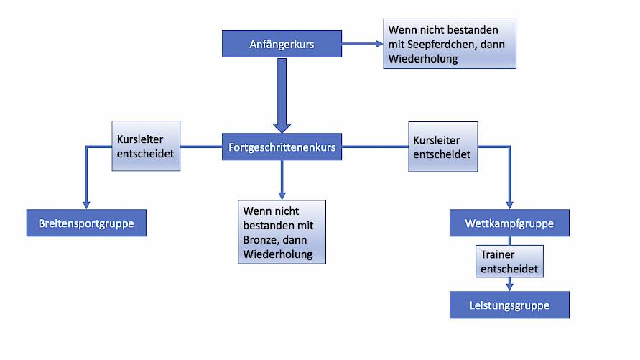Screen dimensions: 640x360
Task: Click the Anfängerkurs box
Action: pyautogui.click(x=282, y=44)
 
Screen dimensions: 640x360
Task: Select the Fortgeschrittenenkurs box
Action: pyautogui.click(x=282, y=147)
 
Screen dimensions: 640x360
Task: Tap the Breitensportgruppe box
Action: pyautogui.click(x=86, y=223)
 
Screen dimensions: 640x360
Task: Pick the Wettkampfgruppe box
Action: pyautogui.click(x=509, y=223)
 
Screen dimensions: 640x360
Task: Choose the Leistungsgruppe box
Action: pyautogui.click(x=509, y=305)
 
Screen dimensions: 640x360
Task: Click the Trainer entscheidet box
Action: pyautogui.click(x=509, y=262)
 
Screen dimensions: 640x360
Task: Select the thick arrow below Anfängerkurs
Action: pyautogui.click(x=282, y=96)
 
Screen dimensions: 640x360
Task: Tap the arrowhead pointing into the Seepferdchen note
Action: pyautogui.click(x=379, y=44)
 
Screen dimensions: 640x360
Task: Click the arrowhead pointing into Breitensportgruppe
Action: pyautogui.click(x=86, y=205)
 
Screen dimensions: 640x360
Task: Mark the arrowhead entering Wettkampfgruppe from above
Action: pyautogui.click(x=509, y=205)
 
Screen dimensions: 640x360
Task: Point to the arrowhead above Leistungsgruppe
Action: pyautogui.click(x=509, y=287)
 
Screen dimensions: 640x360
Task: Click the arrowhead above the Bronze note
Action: pyautogui.click(x=282, y=196)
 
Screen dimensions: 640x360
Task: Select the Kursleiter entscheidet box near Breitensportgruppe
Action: pyautogui.click(x=146, y=146)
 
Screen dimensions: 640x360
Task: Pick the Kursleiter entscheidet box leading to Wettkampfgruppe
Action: pyautogui.click(x=443, y=147)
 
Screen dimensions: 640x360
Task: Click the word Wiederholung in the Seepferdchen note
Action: pyautogui.click(x=423, y=59)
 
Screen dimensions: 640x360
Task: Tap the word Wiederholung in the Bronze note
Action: pyautogui.click(x=278, y=254)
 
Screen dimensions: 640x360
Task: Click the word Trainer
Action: pyautogui.click(x=498, y=254)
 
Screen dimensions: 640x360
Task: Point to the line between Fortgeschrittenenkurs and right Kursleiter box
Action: pyautogui.click(x=375, y=147)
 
